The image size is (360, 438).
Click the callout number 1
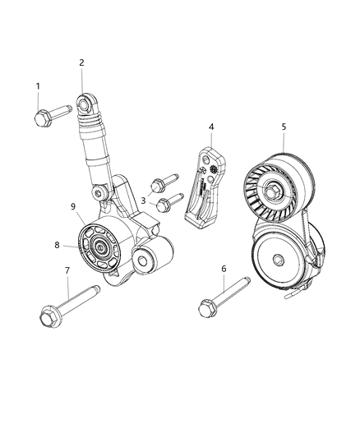tap(38, 86)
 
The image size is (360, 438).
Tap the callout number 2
tap(82, 62)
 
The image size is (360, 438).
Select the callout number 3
tap(145, 199)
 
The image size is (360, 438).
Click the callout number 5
tap(284, 127)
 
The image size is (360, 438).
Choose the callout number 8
tap(58, 243)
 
